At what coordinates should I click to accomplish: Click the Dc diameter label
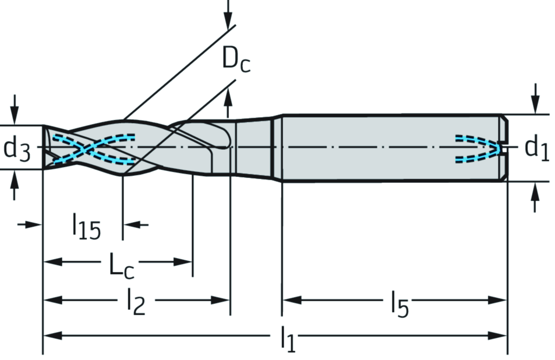tap(236, 61)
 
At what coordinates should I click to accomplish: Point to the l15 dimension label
tap(87, 227)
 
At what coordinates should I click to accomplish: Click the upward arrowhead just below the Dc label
tap(229, 95)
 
